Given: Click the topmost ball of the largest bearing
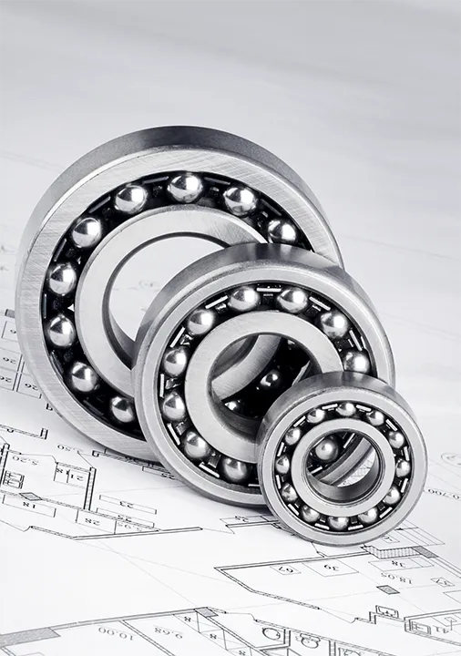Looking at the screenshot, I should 185,187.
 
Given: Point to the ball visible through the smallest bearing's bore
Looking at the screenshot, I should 326,448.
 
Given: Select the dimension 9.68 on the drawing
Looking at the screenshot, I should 169,628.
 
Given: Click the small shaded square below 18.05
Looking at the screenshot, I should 387,589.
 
